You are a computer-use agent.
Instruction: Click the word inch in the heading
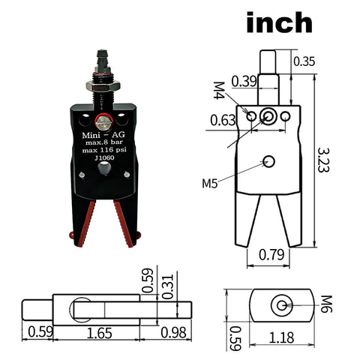click(279, 22)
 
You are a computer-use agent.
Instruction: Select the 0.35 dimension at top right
click(304, 61)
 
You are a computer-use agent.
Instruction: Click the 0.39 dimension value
click(246, 81)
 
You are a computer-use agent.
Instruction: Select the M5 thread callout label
click(211, 183)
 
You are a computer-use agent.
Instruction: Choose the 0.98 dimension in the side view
click(172, 331)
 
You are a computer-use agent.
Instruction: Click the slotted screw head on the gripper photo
click(106, 117)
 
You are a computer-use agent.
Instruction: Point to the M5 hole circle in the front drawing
click(269, 161)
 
